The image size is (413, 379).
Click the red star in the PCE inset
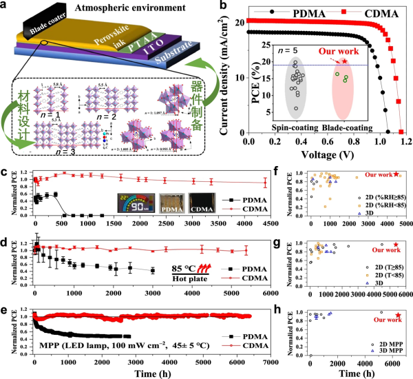coord(345,61)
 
